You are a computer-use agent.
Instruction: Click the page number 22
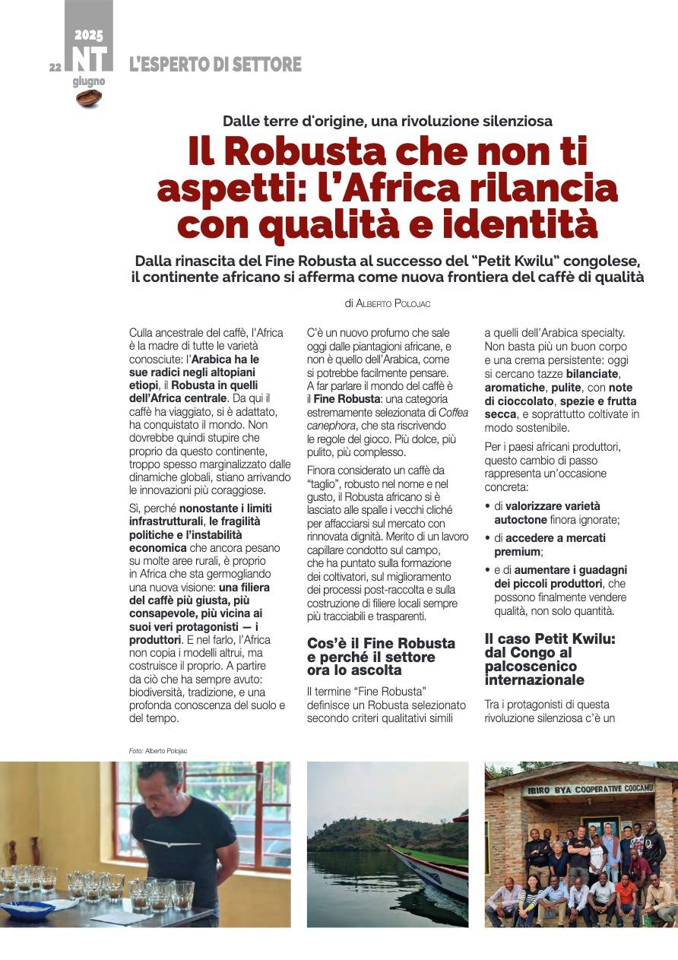click(55, 67)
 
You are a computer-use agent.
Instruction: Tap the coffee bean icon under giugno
click(89, 97)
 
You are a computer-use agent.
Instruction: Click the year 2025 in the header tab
click(89, 35)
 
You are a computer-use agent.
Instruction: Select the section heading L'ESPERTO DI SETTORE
click(215, 65)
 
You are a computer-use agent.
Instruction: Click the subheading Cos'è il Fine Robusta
click(381, 643)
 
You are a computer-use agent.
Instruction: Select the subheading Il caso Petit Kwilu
click(539, 638)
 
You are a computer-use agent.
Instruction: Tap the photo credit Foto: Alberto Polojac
click(157, 751)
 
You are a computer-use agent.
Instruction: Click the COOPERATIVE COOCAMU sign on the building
click(590, 789)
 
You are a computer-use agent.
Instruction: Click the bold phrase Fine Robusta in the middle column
click(347, 398)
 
